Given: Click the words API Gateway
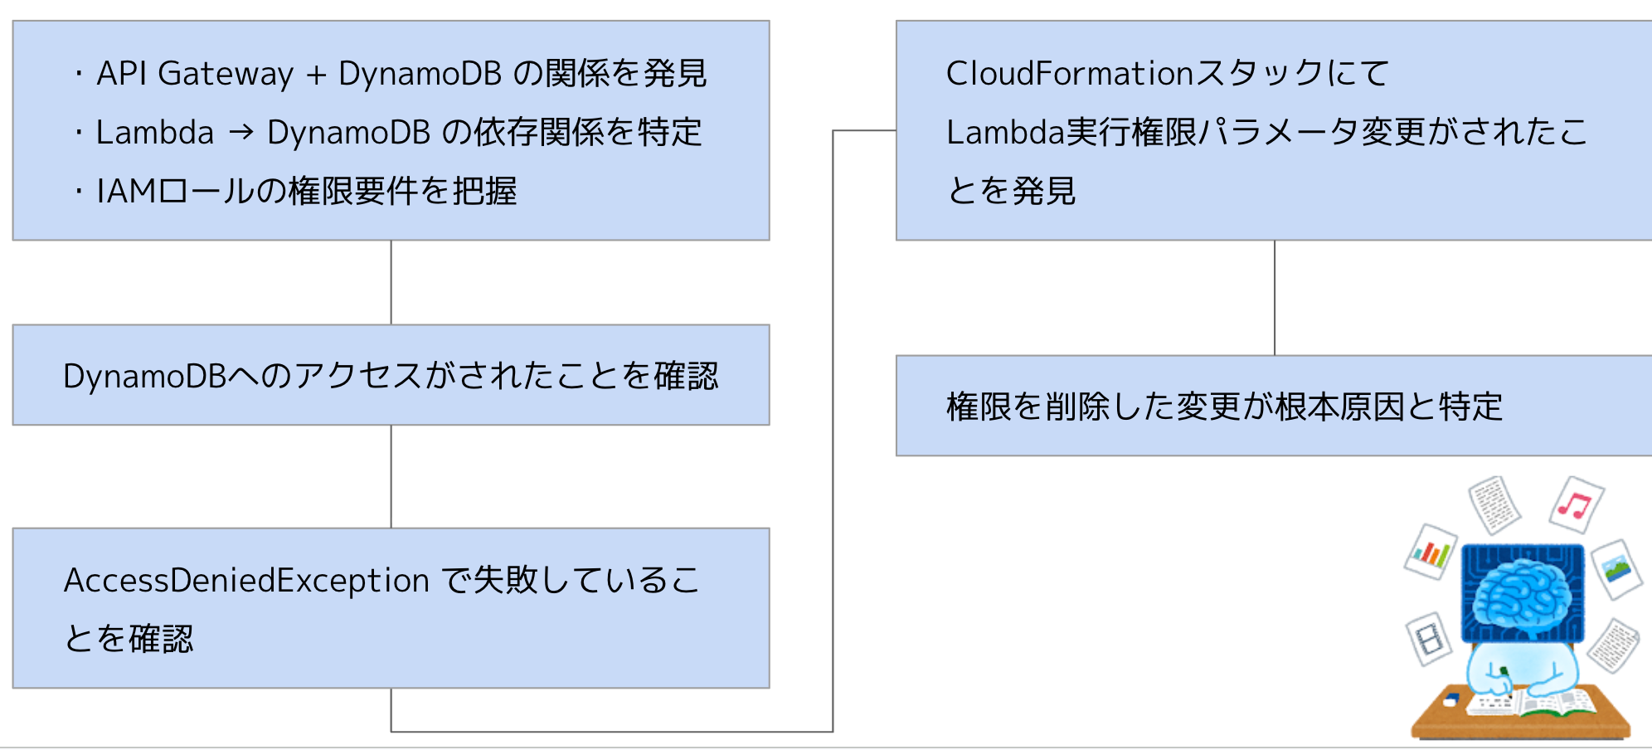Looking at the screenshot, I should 194,74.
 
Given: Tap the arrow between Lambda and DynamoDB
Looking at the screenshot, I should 241,132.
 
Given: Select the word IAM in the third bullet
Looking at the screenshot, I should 126,192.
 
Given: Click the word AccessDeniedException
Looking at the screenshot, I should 246,580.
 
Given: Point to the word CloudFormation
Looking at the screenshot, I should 1069,74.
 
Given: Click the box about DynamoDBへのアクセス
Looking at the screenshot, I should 391,375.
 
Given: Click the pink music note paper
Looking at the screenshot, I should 1576,504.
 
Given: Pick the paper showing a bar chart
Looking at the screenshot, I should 1431,552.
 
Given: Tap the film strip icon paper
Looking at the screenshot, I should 1429,639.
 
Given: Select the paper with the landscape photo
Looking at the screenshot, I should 1617,568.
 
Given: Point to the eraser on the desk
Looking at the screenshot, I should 1450,699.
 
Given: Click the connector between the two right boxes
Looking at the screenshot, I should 1275,298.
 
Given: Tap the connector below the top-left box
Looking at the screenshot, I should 391,282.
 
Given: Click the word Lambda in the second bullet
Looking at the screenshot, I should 155,133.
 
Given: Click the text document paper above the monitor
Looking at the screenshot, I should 1494,504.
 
